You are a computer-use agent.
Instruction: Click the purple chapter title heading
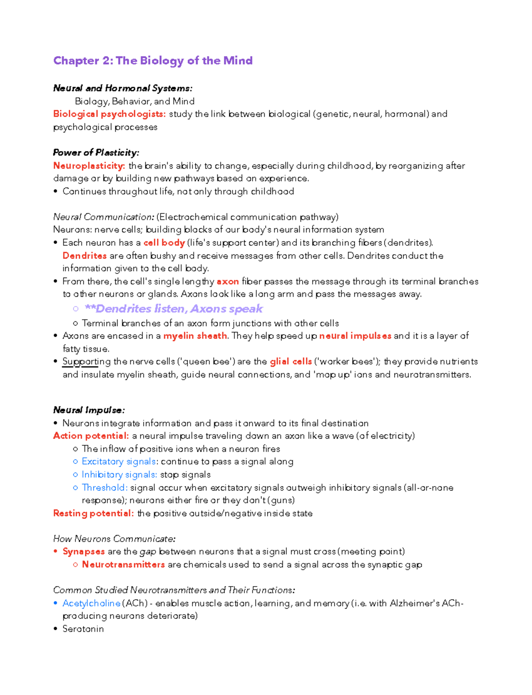pyautogui.click(x=153, y=61)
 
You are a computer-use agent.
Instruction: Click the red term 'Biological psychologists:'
pyautogui.click(x=109, y=114)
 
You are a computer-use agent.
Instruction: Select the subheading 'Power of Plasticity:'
pyautogui.click(x=96, y=153)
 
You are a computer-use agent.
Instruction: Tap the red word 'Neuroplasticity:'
pyautogui.click(x=89, y=166)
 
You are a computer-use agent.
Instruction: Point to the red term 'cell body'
pyautogui.click(x=164, y=243)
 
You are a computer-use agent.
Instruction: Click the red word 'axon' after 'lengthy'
pyautogui.click(x=227, y=282)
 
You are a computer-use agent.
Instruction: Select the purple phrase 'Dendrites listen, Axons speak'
pyautogui.click(x=174, y=309)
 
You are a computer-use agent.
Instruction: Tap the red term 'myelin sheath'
pyautogui.click(x=195, y=336)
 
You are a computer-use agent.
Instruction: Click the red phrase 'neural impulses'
pyautogui.click(x=355, y=336)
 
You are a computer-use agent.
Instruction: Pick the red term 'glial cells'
pyautogui.click(x=290, y=362)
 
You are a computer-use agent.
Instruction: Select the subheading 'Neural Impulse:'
pyautogui.click(x=89, y=410)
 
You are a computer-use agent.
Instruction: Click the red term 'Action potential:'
pyautogui.click(x=91, y=436)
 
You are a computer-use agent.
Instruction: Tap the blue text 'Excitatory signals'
pyautogui.click(x=118, y=462)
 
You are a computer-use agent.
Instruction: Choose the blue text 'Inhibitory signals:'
pyautogui.click(x=119, y=475)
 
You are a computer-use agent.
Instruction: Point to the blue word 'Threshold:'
pyautogui.click(x=105, y=488)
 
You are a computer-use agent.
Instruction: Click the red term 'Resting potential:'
pyautogui.click(x=93, y=514)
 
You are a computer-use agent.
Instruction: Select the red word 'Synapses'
pyautogui.click(x=83, y=552)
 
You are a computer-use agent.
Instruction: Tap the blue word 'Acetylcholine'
pyautogui.click(x=91, y=603)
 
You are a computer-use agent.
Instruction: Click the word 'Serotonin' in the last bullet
pyautogui.click(x=83, y=629)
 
